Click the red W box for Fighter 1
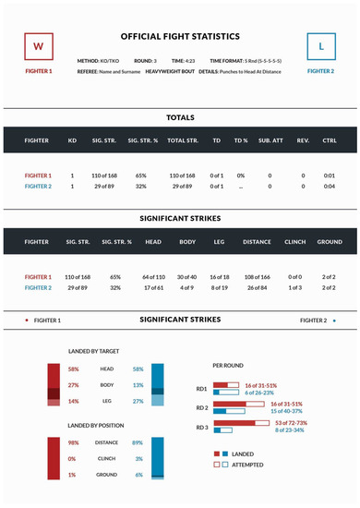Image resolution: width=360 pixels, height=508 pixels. [38, 44]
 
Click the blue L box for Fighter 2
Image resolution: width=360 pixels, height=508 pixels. [321, 44]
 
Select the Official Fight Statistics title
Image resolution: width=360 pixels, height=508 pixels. [180, 36]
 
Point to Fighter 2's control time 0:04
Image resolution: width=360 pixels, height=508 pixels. [330, 186]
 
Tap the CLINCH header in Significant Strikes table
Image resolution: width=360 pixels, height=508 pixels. [294, 244]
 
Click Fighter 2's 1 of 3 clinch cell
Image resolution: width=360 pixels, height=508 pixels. [294, 287]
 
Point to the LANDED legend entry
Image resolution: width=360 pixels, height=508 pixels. [242, 454]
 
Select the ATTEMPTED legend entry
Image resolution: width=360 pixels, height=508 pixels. [247, 465]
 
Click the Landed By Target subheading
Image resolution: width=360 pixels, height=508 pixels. [95, 352]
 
